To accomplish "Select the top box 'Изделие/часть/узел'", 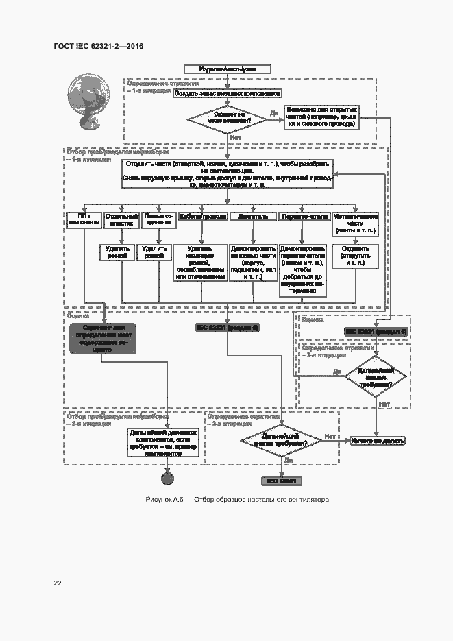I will click(227, 69).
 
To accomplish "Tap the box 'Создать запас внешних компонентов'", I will click(227, 93).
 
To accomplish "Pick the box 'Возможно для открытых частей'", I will click(322, 117).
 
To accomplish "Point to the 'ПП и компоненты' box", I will click(85, 219).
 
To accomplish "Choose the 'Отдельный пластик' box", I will click(121, 219).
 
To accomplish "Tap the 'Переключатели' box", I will click(304, 217).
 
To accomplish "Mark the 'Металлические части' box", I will click(356, 223).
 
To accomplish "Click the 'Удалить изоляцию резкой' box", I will click(199, 263).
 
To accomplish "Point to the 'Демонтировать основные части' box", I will click(253, 265).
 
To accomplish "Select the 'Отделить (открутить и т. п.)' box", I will click(356, 256).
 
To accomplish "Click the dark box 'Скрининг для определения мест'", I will click(103, 339).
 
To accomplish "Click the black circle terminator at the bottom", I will click(166, 478).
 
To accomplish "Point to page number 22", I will click(58, 583).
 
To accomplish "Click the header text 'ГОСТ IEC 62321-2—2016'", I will click(98, 47).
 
